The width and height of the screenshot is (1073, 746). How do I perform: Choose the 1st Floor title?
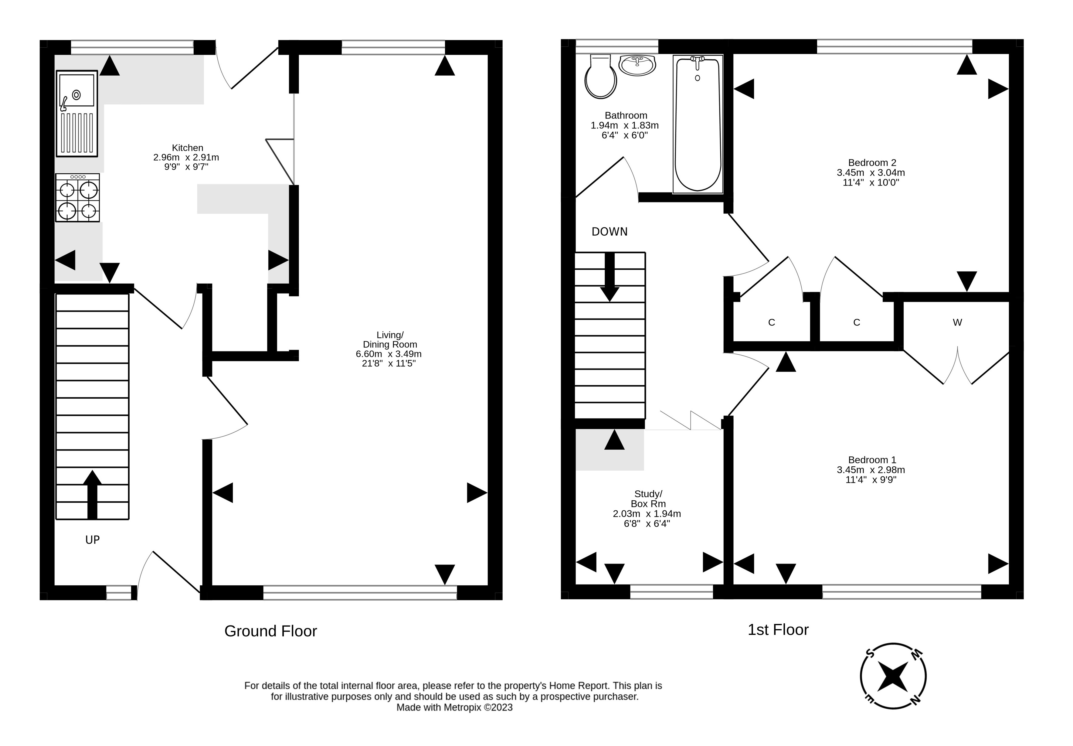(x=778, y=630)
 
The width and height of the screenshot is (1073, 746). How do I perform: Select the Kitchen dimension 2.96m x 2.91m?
(x=186, y=158)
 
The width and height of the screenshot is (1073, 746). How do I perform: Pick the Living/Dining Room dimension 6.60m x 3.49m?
(x=388, y=354)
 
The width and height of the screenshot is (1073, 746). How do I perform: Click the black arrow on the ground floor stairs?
(x=93, y=494)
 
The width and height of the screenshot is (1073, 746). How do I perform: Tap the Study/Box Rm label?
(x=648, y=499)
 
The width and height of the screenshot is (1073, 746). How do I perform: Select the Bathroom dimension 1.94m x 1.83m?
(x=624, y=125)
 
